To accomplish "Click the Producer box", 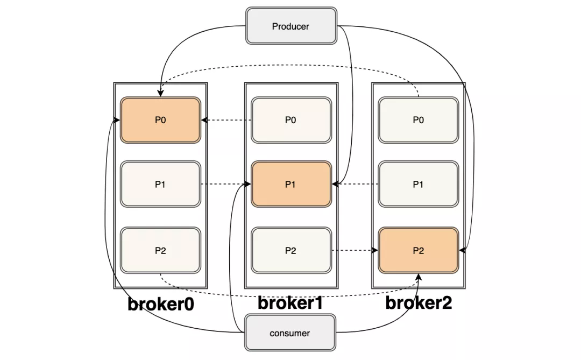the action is [x=291, y=26].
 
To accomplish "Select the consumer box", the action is [x=290, y=333].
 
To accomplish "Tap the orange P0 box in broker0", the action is [x=160, y=120].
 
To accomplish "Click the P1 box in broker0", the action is [x=160, y=184].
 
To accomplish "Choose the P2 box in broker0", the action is [x=160, y=250].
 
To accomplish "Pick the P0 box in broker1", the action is [x=291, y=120].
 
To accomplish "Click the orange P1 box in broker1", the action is [x=291, y=184].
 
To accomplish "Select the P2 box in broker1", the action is [x=291, y=250].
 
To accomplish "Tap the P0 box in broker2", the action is [x=419, y=120].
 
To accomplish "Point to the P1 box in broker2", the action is [x=419, y=184].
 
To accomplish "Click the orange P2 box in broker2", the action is [x=419, y=250].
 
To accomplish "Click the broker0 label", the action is [x=161, y=304].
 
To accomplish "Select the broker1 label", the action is [x=290, y=303].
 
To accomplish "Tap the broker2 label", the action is [x=419, y=303].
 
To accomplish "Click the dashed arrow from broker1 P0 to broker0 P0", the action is [x=226, y=120].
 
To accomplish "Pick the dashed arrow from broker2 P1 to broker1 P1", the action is [x=355, y=184].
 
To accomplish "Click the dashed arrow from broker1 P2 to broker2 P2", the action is [x=355, y=250].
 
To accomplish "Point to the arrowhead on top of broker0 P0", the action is [x=160, y=93].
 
